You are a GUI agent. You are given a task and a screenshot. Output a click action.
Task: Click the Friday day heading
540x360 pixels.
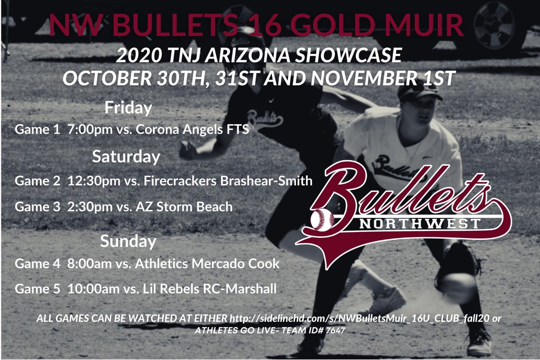coord(128,108)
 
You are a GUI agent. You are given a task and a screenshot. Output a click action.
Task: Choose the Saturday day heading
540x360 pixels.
coord(126,157)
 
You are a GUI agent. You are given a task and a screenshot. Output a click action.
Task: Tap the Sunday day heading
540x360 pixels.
coord(128,241)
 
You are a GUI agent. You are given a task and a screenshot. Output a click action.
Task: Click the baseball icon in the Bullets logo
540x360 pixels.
coord(322,219)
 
